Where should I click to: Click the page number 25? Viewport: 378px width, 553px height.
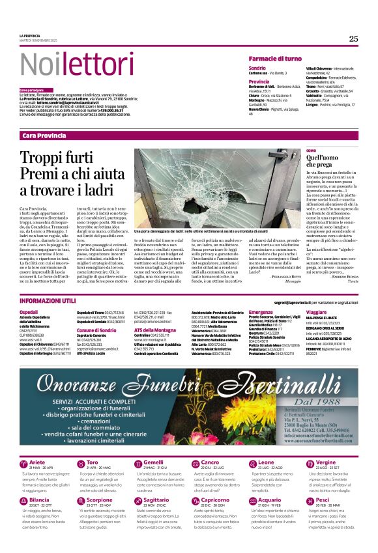click(x=353, y=38)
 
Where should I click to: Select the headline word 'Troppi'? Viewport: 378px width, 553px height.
click(x=45, y=158)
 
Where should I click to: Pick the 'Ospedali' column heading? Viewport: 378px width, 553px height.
click(x=29, y=313)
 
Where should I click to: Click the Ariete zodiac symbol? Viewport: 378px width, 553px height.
click(x=23, y=463)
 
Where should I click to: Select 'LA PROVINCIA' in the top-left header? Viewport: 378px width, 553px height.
click(x=29, y=35)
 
